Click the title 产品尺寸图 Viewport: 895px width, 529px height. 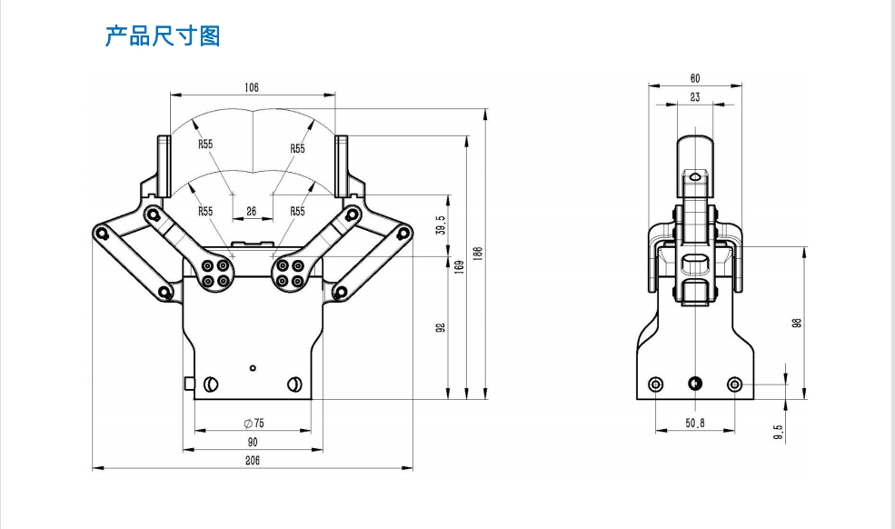pyautogui.click(x=163, y=36)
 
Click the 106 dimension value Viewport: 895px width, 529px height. pyautogui.click(x=252, y=87)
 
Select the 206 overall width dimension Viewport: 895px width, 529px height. pyautogui.click(x=252, y=461)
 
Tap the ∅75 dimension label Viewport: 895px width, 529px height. pyautogui.click(x=254, y=424)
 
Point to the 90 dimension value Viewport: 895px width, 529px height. pyautogui.click(x=252, y=442)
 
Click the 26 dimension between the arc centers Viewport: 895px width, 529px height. pyautogui.click(x=252, y=211)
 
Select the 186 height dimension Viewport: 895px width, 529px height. pyautogui.click(x=478, y=255)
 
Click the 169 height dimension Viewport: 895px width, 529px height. pyautogui.click(x=460, y=267)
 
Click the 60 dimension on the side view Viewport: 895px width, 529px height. pyautogui.click(x=695, y=79)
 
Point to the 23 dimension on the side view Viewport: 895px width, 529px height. pyautogui.click(x=695, y=96)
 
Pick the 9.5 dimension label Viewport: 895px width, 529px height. pyautogui.click(x=778, y=433)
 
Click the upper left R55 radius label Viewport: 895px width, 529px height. pyautogui.click(x=206, y=145)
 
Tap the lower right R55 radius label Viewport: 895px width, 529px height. pyautogui.click(x=297, y=211)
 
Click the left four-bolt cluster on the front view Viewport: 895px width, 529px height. pyautogui.click(x=217, y=274)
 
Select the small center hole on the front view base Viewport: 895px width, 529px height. pyautogui.click(x=253, y=368)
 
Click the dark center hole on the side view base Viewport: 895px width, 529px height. pyautogui.click(x=695, y=384)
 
